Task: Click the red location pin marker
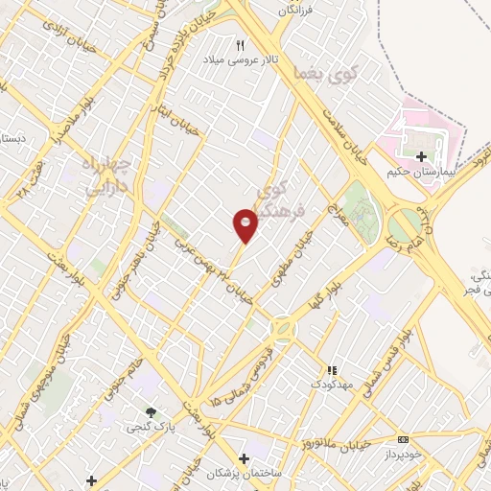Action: [245, 226]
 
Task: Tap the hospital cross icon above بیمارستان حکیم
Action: [421, 154]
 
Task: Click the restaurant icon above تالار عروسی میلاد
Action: [241, 44]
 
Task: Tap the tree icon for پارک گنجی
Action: [151, 412]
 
